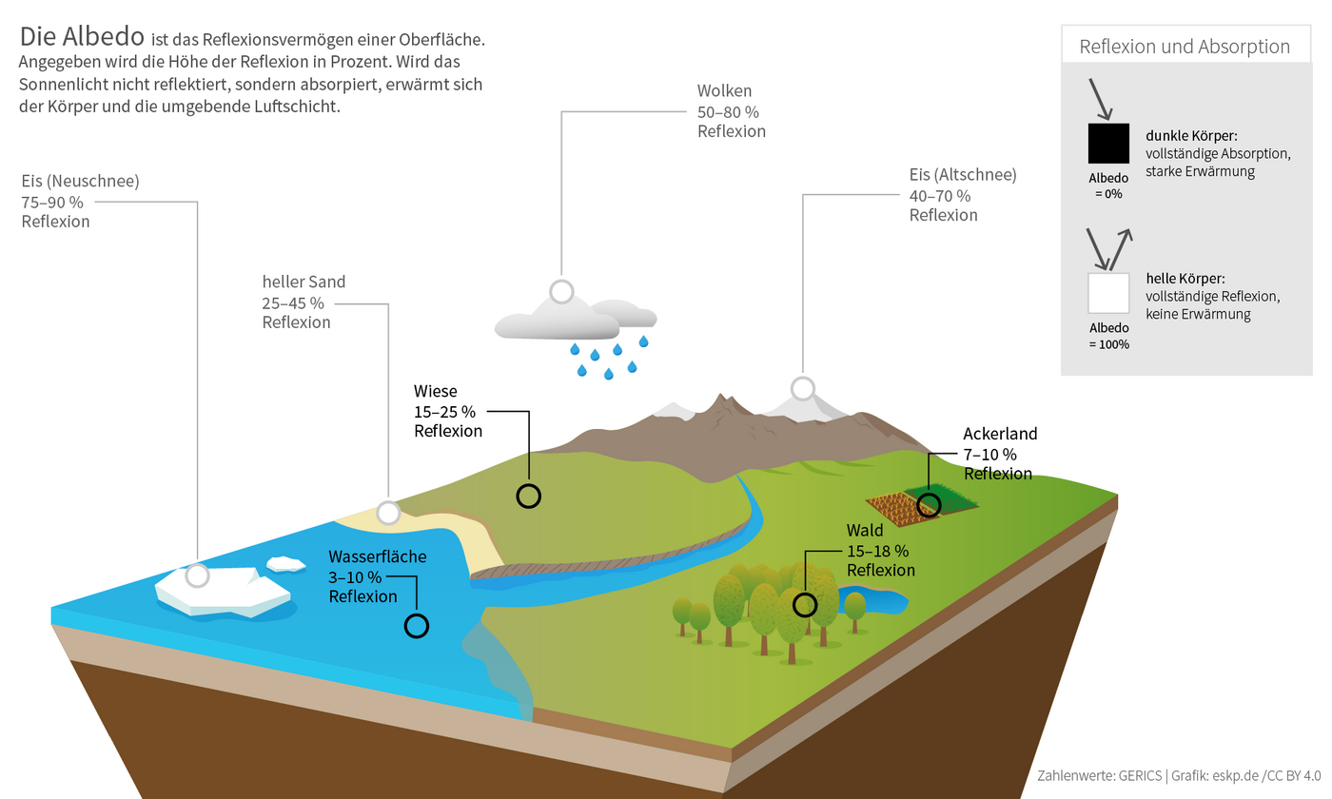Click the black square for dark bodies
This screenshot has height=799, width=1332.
point(1108,143)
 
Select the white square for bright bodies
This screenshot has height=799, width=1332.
point(1108,293)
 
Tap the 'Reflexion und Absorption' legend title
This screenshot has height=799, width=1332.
point(1185,47)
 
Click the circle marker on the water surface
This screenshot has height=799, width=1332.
point(417,625)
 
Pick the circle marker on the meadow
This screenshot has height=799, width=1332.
point(528,496)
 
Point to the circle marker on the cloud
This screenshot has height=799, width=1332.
point(561,292)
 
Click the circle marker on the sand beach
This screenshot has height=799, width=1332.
point(388,513)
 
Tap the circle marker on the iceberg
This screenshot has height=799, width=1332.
point(197,575)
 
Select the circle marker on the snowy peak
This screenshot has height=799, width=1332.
point(803,388)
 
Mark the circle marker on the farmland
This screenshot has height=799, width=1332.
point(929,504)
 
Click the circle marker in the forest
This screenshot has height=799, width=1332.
point(805,604)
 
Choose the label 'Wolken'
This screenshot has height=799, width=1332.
point(724,92)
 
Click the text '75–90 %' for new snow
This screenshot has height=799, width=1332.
point(55,202)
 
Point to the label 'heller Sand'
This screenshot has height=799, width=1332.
point(304,283)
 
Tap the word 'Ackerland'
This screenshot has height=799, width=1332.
point(1000,435)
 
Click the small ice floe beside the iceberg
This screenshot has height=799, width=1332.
point(285,564)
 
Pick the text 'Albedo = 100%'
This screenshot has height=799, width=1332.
point(1108,336)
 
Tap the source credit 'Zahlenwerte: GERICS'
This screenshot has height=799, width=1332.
point(1099,775)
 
